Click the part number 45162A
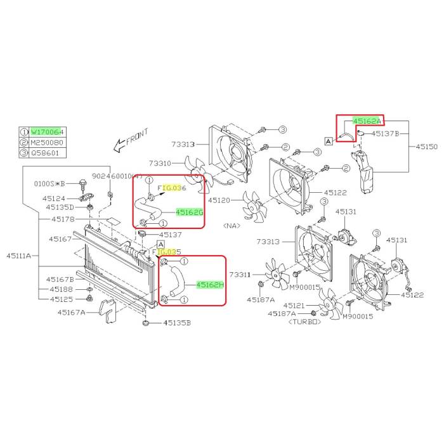(367, 121)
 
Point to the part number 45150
(427, 147)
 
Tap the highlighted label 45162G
(189, 212)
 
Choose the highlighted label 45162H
(210, 285)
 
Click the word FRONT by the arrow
(136, 137)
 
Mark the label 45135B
(177, 323)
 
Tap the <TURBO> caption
(304, 322)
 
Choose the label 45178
(63, 219)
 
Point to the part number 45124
(55, 198)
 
